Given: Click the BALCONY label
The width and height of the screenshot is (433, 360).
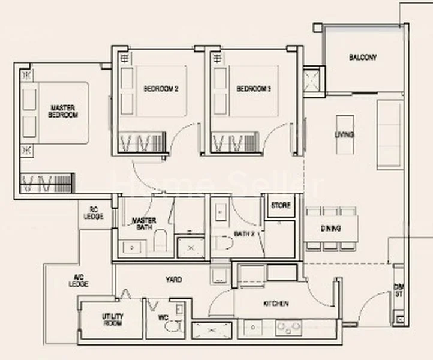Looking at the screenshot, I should pos(363,58).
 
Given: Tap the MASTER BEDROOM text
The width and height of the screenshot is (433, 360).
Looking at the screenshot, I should pos(63,111).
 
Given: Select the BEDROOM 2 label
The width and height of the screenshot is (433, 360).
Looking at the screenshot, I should pos(161,89).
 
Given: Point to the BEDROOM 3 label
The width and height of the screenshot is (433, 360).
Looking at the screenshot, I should pos(254,89).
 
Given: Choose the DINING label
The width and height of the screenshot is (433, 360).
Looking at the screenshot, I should pos(331,229).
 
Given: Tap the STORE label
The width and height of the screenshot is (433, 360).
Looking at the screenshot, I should pos(281,206).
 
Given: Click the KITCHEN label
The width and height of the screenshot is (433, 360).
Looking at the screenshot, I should pos(275,304).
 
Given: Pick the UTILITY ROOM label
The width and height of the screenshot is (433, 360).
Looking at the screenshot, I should pos(112,319).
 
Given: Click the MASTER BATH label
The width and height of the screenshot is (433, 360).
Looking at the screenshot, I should pos(144,224).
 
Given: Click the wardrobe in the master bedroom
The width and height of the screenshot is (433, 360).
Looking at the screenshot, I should pos(47,183).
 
